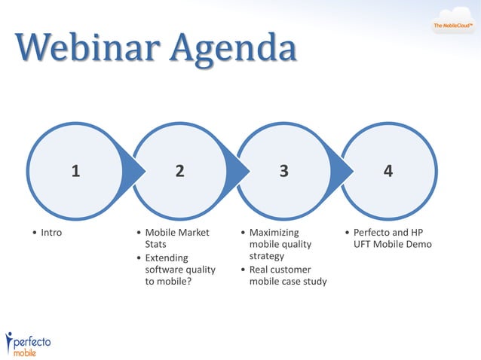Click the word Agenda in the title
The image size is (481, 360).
233,50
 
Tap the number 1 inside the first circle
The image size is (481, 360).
75,171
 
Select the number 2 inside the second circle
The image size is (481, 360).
179,171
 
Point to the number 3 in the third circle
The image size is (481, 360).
284,171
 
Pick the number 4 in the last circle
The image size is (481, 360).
388,171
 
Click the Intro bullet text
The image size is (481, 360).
51,233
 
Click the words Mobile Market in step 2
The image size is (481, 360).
176,233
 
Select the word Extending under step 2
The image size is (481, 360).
167,258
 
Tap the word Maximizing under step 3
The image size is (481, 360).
274,233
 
